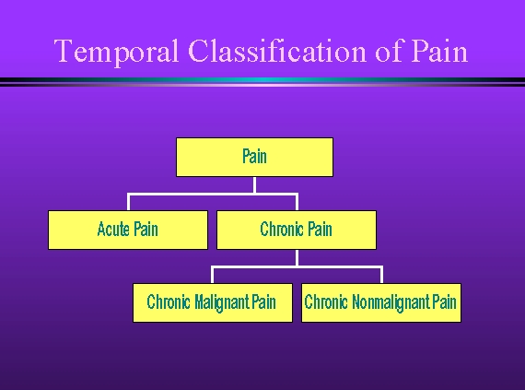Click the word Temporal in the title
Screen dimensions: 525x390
pyautogui.click(x=116, y=51)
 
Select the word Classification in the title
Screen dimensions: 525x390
pyautogui.click(x=277, y=51)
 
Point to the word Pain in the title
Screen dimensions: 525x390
pyautogui.click(x=439, y=51)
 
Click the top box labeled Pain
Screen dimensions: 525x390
pyautogui.click(x=254, y=157)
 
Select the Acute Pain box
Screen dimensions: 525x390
pyautogui.click(x=128, y=230)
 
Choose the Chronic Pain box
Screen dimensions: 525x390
pyautogui.click(x=297, y=230)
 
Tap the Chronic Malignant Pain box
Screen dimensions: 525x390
pyautogui.click(x=213, y=303)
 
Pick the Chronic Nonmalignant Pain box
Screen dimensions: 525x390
pyautogui.click(x=381, y=303)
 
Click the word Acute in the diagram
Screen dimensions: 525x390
pyautogui.click(x=113, y=230)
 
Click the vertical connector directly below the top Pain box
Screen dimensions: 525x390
pyautogui.click(x=255, y=185)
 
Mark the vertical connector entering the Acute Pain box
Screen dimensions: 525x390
pyautogui.click(x=129, y=202)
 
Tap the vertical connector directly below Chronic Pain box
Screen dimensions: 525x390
pyautogui.click(x=297, y=258)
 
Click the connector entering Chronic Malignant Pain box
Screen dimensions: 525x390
pyautogui.click(x=212, y=275)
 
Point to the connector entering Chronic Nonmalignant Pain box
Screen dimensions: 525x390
pyautogui.click(x=381, y=275)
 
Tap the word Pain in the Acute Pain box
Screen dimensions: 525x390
pyautogui.click(x=146, y=230)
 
